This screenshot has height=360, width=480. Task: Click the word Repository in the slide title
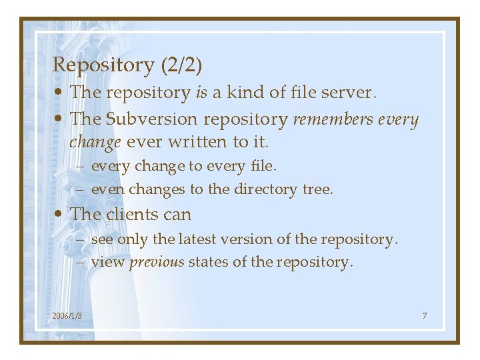pos(103,65)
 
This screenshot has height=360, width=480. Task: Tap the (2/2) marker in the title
pos(181,65)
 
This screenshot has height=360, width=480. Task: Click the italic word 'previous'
pos(157,262)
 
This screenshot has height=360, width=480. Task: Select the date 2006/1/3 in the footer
pos(67,315)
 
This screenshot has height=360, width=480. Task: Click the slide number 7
pos(424,315)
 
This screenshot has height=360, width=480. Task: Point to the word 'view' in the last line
pos(107,262)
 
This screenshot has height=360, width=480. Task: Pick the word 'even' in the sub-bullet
pos(108,189)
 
